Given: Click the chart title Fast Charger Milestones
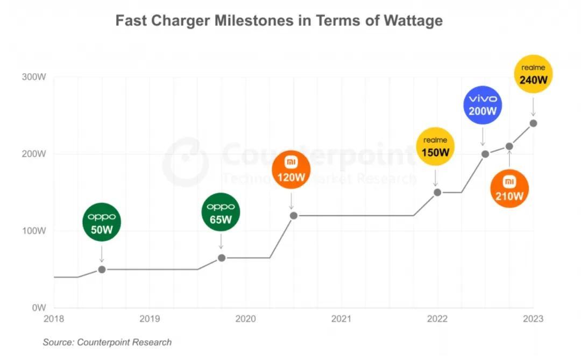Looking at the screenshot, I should tap(279, 20).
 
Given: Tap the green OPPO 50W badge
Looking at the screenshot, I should tap(102, 222).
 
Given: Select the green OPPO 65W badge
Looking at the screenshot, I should tap(221, 211).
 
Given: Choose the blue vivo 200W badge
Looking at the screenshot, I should tap(483, 105).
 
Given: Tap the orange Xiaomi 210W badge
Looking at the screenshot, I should tap(509, 189).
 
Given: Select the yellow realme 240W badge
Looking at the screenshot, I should tap(533, 74).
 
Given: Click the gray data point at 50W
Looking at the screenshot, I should tap(102, 269).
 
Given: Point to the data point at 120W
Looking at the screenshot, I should tap(293, 216).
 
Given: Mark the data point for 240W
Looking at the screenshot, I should tap(533, 123).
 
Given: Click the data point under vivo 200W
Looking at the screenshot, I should tap(485, 154).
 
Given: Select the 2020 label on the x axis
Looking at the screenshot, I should tap(246, 319).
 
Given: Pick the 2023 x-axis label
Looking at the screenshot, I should tap(533, 319).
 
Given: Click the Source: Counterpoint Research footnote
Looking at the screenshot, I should tap(107, 342).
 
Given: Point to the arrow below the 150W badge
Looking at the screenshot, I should tap(436, 177).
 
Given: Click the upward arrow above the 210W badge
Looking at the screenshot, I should tap(509, 160).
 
